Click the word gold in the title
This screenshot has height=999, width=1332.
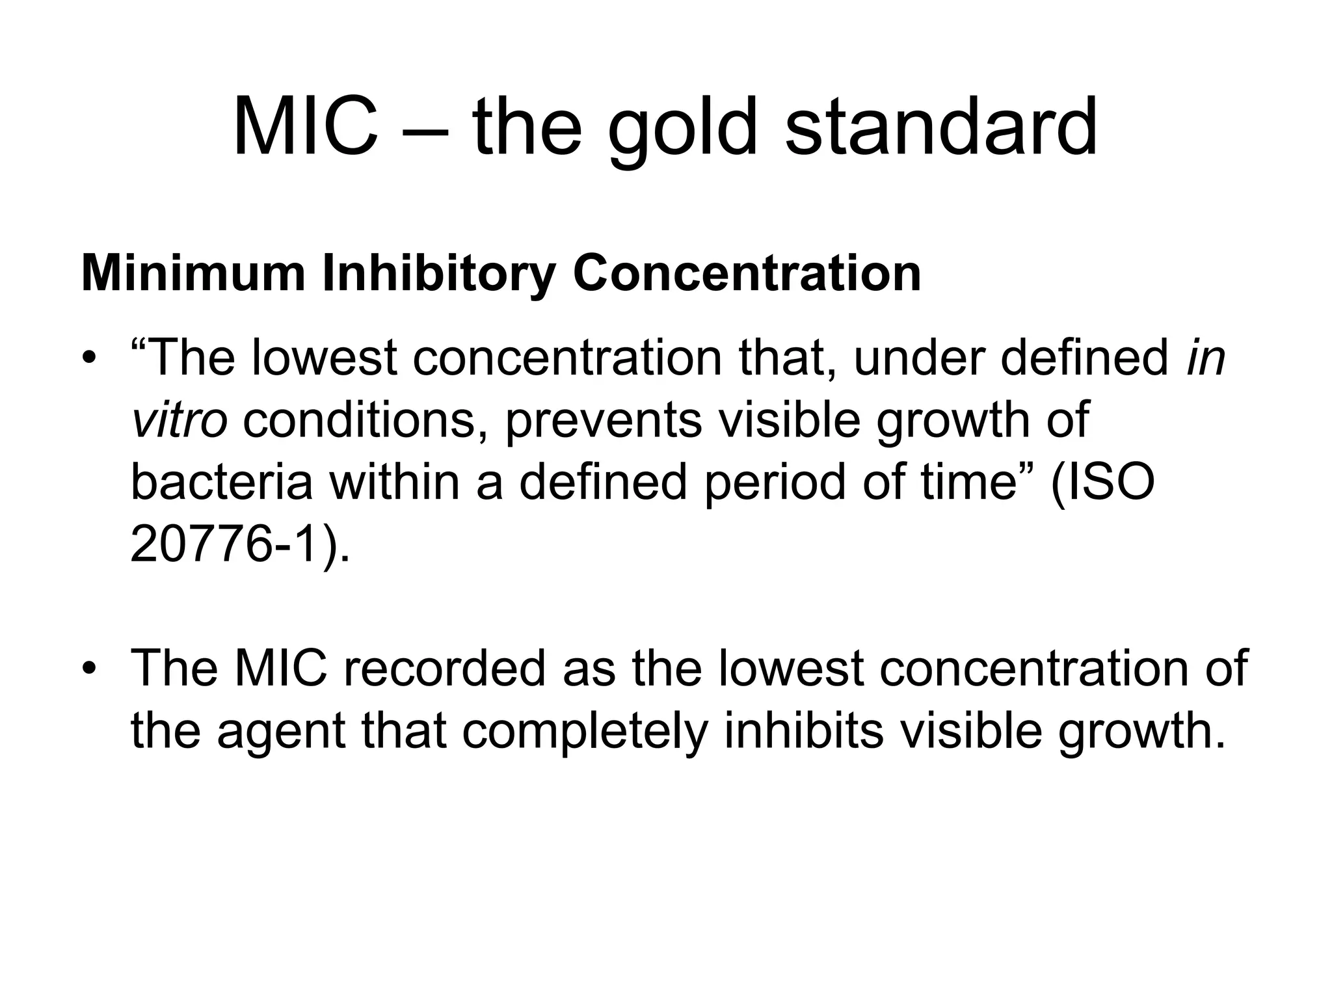[683, 130]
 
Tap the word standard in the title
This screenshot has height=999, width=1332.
[942, 127]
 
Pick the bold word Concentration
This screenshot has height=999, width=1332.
[747, 273]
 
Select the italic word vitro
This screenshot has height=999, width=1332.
[179, 420]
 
